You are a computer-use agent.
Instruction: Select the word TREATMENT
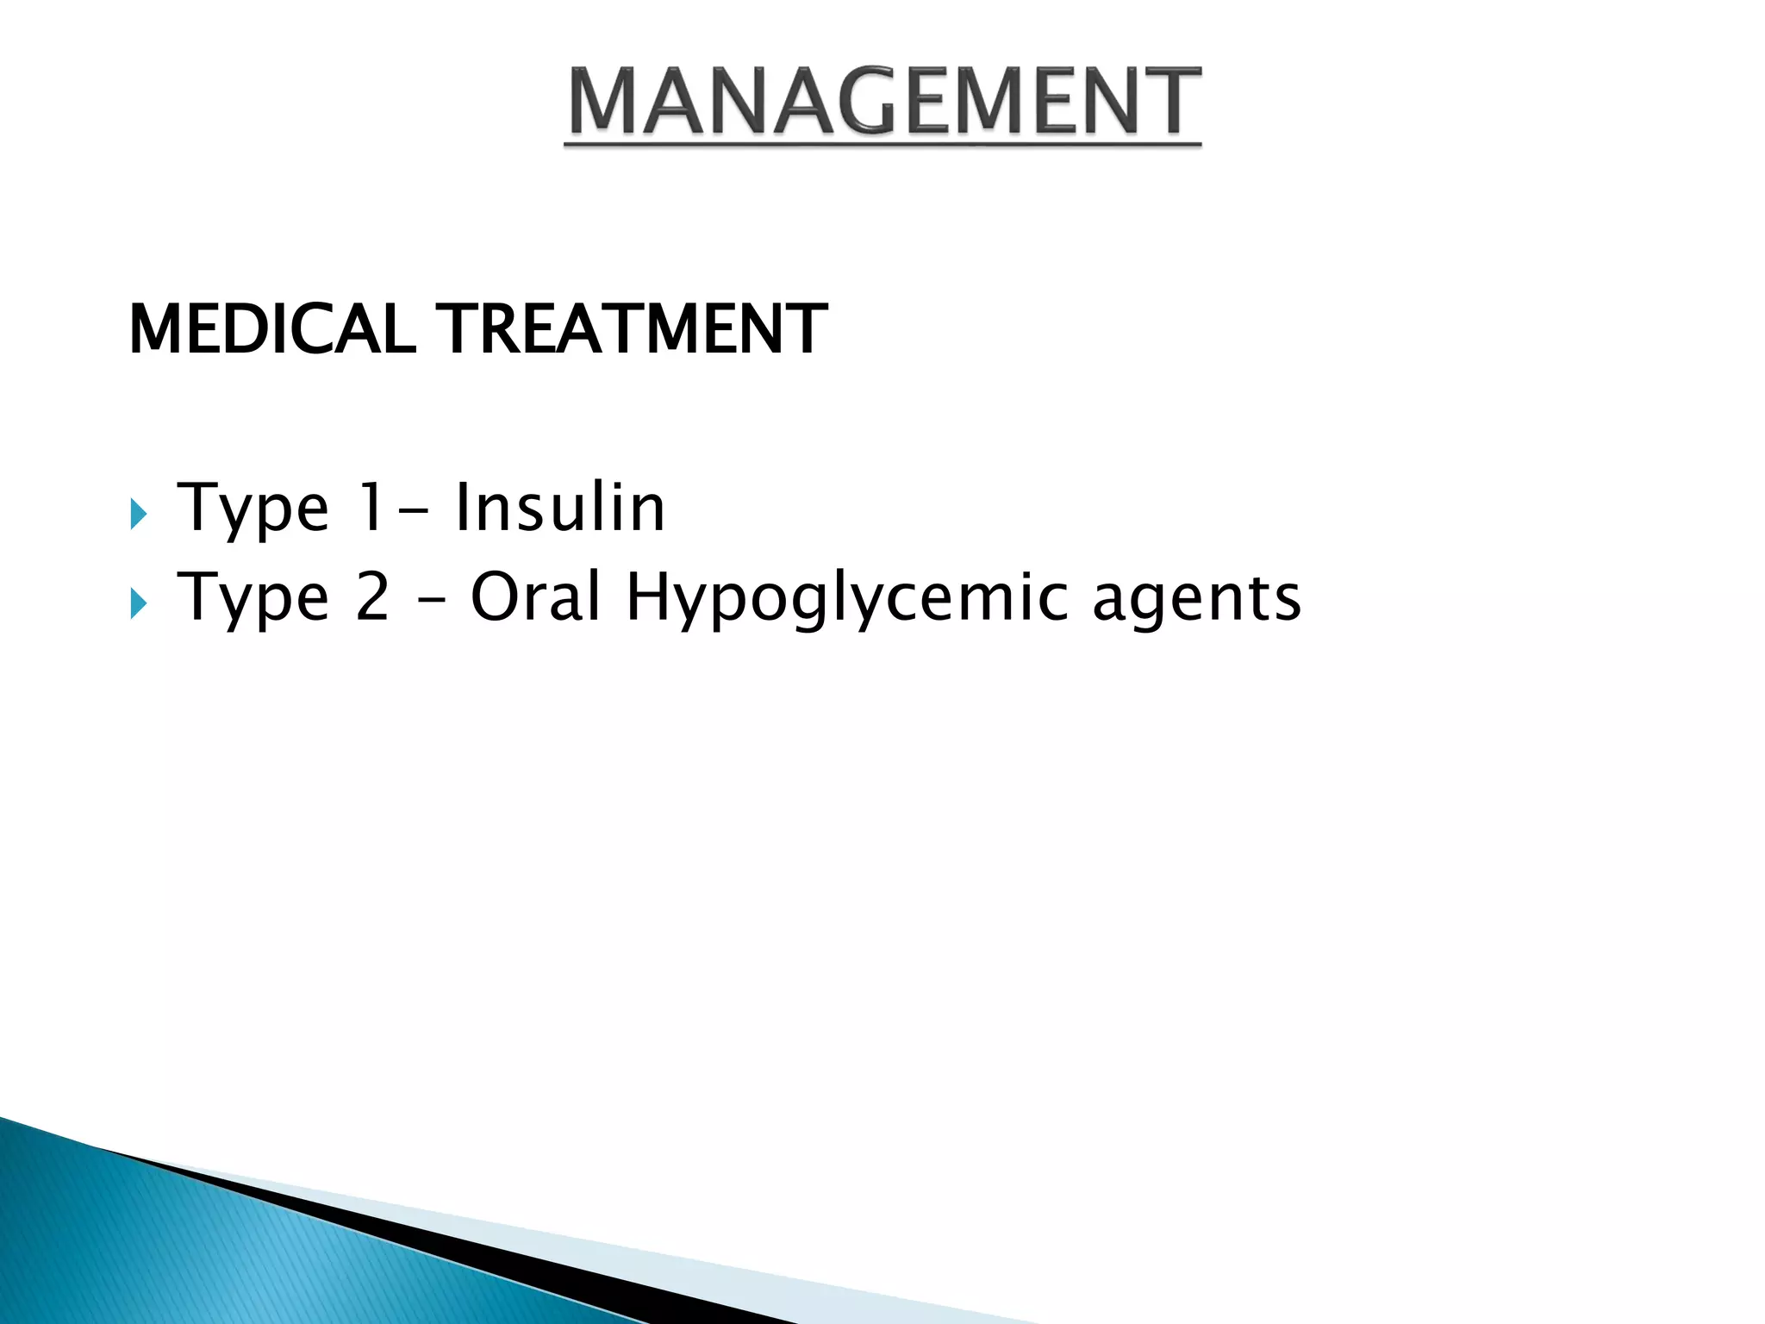tap(634, 329)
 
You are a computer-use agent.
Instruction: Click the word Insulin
tap(560, 508)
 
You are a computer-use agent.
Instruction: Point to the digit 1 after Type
tap(371, 508)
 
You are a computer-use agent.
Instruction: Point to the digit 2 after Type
tap(372, 596)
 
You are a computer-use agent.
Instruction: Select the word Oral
tap(534, 596)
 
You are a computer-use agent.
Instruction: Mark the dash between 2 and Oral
tap(432, 601)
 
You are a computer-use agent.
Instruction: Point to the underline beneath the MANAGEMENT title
tap(882, 144)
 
